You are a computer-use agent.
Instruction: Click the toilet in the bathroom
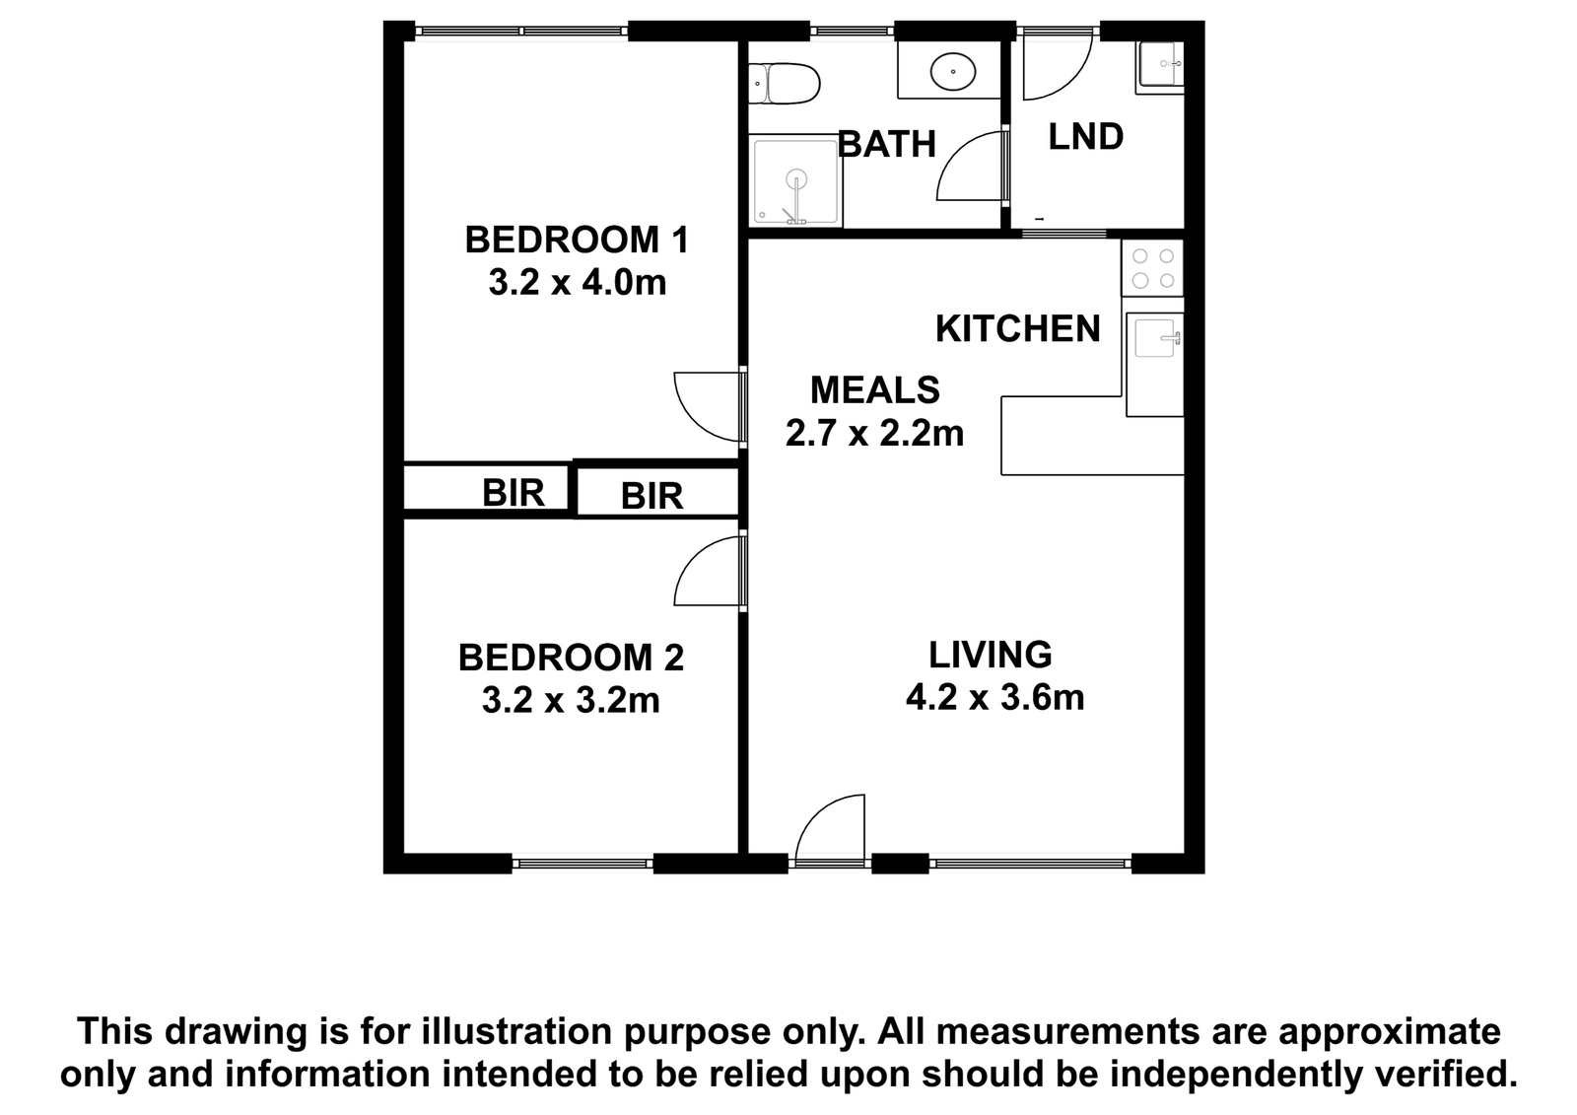[784, 84]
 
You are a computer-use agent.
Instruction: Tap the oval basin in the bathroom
[953, 72]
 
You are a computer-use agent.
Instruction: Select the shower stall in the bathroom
[796, 181]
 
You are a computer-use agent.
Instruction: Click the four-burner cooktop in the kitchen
[1152, 268]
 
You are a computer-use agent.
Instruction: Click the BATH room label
[886, 144]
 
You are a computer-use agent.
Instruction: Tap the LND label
[1085, 137]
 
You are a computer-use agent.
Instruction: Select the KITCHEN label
[1018, 329]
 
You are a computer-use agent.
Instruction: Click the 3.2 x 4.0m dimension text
[578, 283]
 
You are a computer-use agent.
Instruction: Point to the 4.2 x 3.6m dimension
[994, 698]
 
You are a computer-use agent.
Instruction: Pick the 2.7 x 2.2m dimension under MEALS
[874, 433]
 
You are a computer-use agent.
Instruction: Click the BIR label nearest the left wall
[514, 492]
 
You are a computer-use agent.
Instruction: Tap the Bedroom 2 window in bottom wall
[583, 864]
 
